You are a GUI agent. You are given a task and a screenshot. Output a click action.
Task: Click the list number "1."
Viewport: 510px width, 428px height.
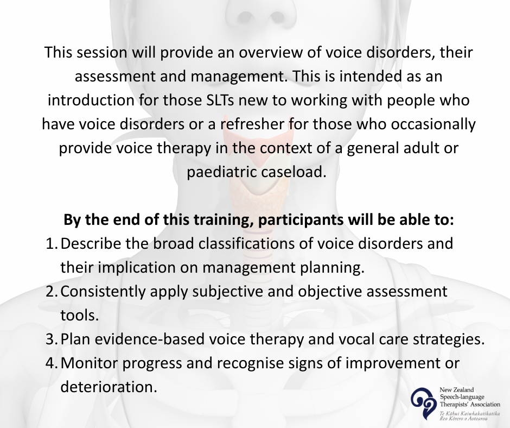click(52, 244)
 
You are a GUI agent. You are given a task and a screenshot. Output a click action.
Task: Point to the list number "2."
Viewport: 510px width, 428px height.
click(52, 291)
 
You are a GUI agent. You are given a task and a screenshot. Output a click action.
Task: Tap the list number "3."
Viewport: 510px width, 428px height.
click(52, 339)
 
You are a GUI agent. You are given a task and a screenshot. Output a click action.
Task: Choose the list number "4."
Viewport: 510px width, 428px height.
click(52, 363)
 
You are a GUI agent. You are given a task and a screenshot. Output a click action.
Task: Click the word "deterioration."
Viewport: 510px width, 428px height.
click(109, 387)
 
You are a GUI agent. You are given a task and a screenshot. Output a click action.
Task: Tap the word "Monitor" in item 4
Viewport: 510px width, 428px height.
click(89, 363)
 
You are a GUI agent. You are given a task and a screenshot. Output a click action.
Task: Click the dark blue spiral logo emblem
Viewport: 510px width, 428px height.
click(424, 403)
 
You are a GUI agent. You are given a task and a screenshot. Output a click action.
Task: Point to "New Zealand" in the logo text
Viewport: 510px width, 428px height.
click(452, 390)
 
